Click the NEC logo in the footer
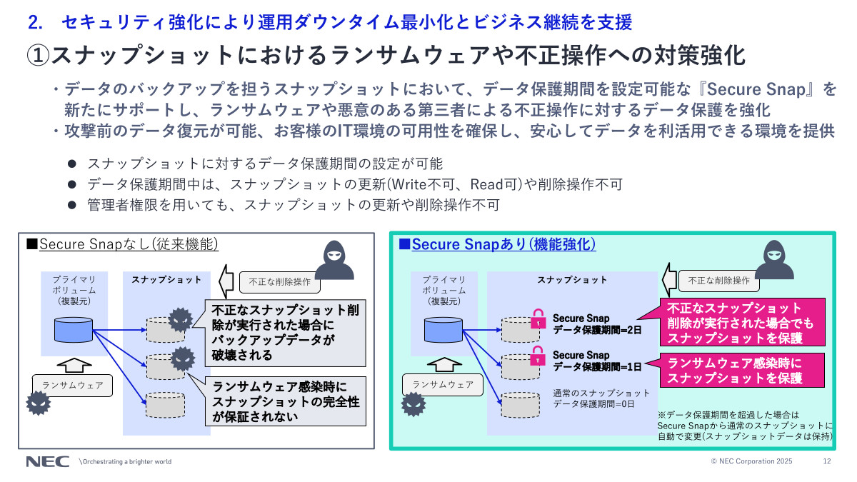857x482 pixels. (47, 461)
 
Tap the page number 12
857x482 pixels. (827, 461)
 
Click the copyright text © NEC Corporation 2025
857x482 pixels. (752, 461)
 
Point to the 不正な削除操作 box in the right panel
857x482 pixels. (719, 281)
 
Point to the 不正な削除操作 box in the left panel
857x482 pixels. (279, 281)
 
